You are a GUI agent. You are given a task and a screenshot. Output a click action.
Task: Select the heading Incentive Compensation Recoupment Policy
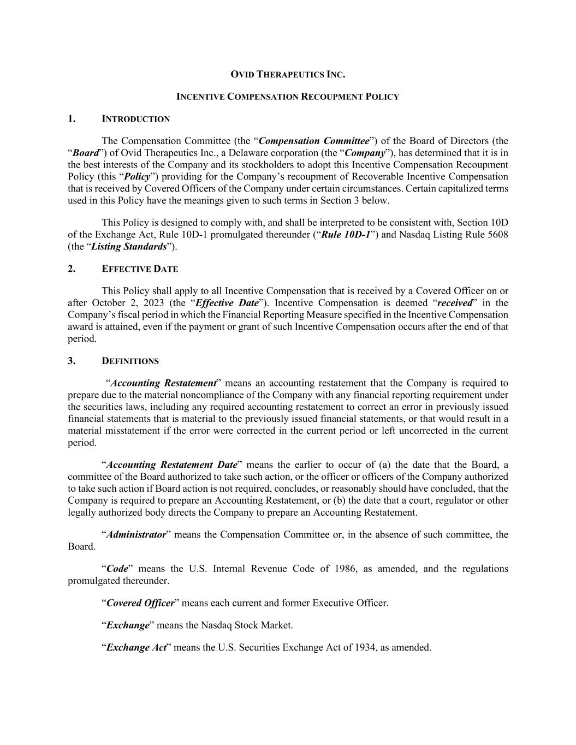[x=288, y=97]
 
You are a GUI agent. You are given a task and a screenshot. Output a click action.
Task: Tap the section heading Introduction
[x=136, y=119]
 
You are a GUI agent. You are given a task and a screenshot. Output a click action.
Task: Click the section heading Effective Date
[x=140, y=269]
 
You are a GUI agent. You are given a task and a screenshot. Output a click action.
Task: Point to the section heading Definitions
[x=130, y=361]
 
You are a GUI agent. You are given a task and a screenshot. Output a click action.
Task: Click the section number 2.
[x=72, y=269]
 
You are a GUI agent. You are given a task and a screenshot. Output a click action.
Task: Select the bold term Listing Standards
[x=129, y=247]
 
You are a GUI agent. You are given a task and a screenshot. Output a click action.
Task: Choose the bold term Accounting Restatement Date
[x=172, y=465]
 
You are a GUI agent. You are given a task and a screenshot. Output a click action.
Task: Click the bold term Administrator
[x=136, y=535]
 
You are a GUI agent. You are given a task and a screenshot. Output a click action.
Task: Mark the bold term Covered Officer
[x=140, y=603]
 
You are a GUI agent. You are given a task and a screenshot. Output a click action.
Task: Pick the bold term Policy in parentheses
[x=137, y=177]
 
